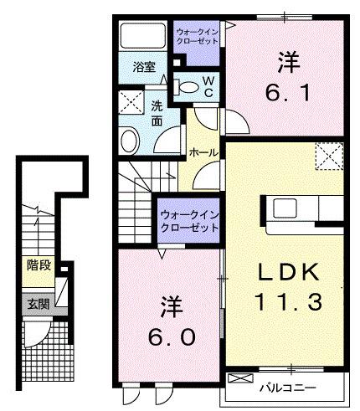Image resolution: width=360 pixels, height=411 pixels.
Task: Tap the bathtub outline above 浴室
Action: [143, 37]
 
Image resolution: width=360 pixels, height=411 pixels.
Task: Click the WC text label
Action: [208, 85]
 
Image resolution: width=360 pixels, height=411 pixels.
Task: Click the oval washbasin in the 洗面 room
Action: [131, 139]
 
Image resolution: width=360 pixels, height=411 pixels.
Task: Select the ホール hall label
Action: [203, 153]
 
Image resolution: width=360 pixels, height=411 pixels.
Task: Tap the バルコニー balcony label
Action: [291, 387]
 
